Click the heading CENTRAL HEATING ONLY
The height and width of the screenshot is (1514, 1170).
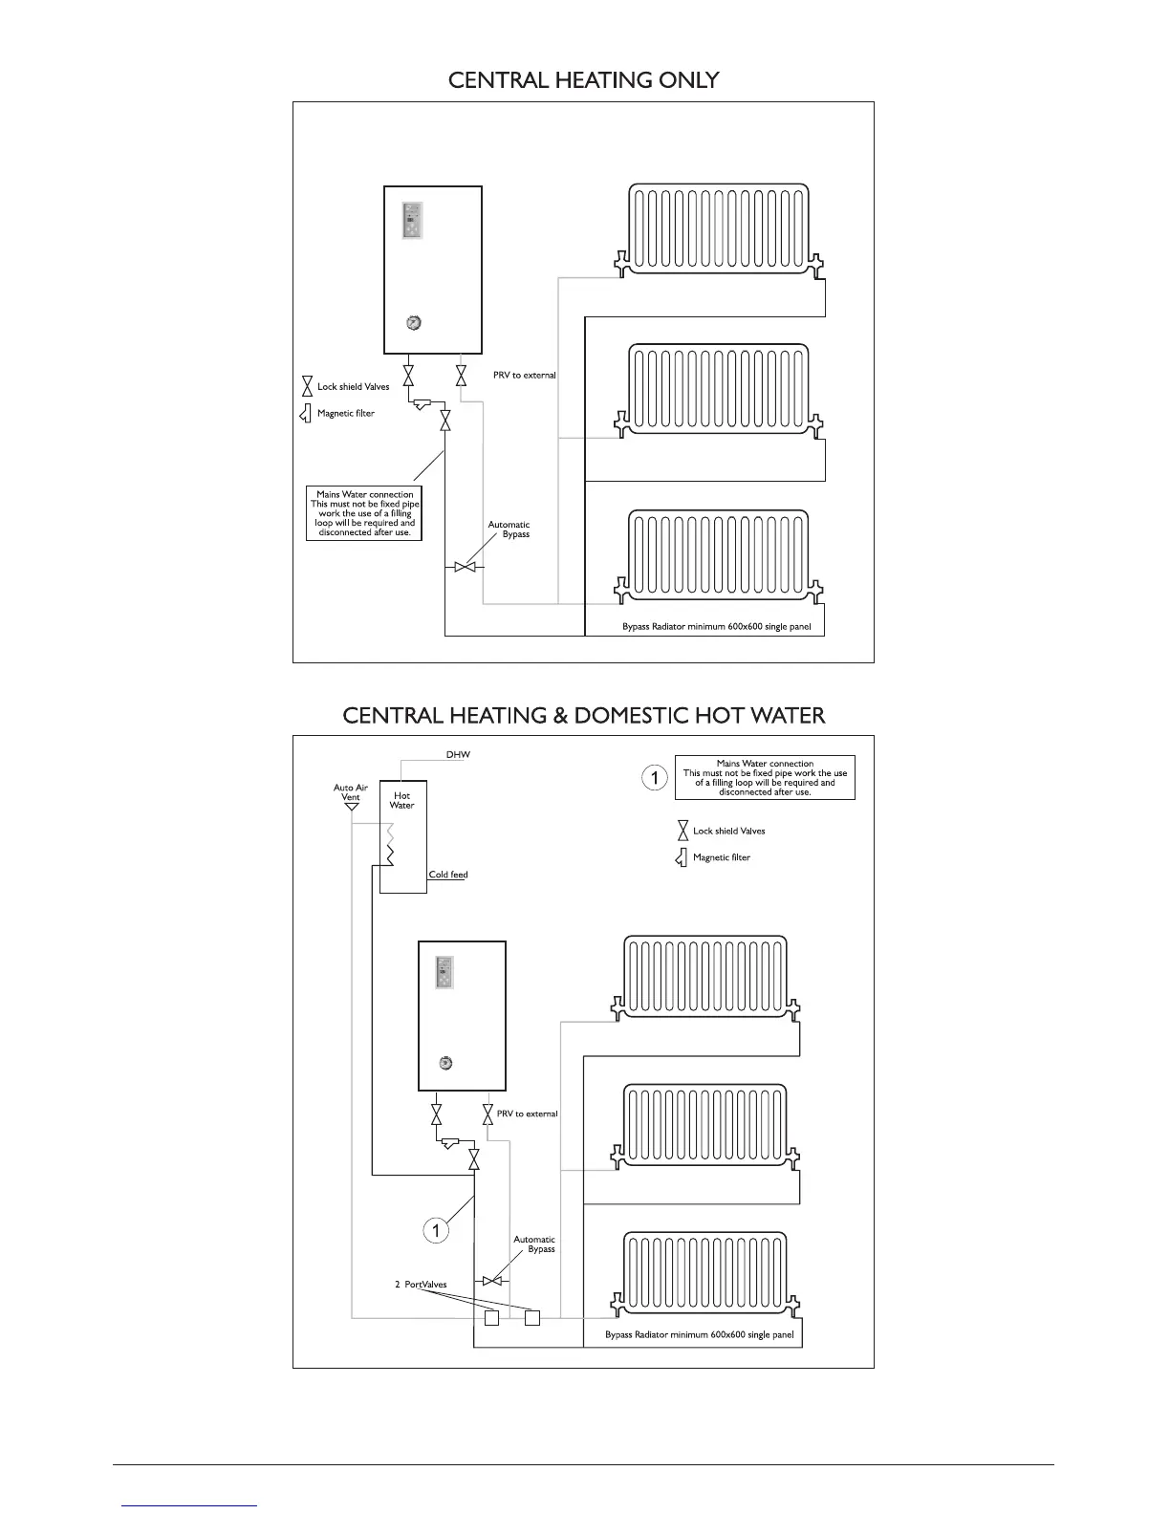coord(583,80)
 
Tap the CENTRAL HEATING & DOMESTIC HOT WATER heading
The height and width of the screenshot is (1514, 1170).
coord(583,716)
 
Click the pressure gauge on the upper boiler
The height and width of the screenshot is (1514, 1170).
coord(413,322)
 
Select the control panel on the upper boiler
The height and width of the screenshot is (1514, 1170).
coord(412,222)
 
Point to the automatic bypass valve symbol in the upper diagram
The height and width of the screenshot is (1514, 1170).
coord(465,568)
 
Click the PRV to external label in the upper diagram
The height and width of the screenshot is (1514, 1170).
coord(524,376)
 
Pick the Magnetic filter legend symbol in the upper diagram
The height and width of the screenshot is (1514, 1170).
coord(306,414)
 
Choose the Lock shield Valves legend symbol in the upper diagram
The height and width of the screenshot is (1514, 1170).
coord(307,387)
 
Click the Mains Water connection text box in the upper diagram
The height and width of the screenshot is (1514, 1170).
coord(364,513)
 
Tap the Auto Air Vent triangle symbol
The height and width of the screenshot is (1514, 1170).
coord(351,807)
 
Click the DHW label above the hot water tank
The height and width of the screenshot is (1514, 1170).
coord(458,755)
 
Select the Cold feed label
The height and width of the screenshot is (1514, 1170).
coord(447,875)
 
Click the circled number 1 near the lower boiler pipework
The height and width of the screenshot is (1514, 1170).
coord(436,1230)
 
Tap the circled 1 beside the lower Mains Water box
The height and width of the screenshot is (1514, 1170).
coord(654,778)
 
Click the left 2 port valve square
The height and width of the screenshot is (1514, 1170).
coord(491,1319)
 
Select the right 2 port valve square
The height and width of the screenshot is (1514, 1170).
coord(532,1319)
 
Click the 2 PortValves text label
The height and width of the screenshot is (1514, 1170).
coord(421,1285)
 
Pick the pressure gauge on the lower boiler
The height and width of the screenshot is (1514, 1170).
coord(444,1063)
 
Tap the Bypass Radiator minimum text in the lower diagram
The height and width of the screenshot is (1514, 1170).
coord(699,1335)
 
